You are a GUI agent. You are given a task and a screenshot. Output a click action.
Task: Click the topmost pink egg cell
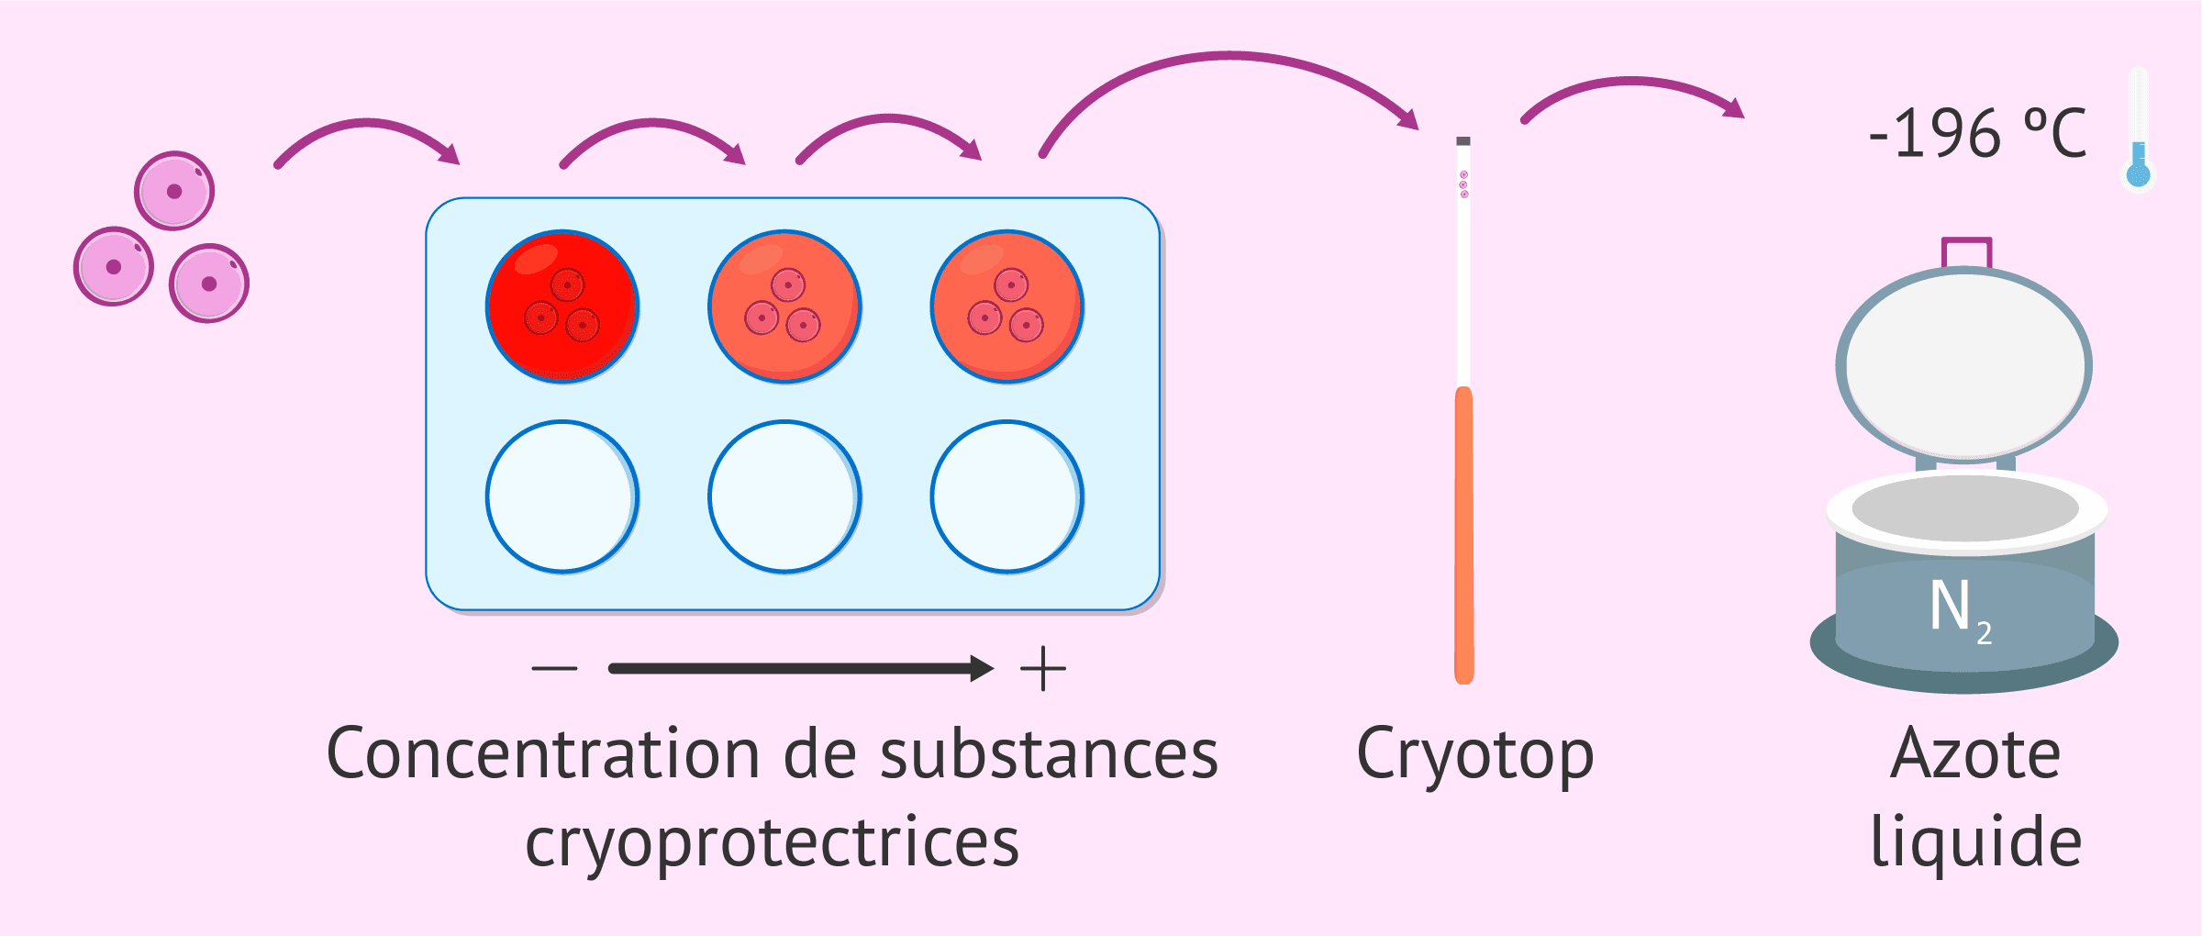tap(174, 191)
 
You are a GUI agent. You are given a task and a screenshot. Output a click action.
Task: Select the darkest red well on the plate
tap(562, 306)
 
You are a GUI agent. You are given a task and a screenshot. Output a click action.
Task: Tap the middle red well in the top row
tap(784, 306)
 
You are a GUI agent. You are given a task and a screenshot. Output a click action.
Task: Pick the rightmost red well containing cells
tap(1007, 306)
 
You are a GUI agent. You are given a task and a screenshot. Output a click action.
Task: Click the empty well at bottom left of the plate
tap(562, 496)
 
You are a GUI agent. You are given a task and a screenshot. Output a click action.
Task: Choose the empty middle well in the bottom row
tap(784, 496)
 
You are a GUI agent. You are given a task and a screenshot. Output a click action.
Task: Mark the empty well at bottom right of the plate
tap(1007, 496)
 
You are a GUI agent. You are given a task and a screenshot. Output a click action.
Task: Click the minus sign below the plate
tap(554, 668)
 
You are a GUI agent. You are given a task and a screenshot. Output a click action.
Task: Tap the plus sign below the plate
tap(1043, 668)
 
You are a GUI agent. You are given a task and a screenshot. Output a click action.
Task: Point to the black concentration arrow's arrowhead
tap(982, 668)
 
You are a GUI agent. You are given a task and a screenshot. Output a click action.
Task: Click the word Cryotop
tap(1474, 755)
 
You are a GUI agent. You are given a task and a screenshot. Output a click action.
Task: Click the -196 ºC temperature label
tap(1977, 134)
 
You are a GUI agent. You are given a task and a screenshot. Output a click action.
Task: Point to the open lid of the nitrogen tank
tap(1964, 365)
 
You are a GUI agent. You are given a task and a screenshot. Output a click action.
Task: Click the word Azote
tap(1975, 755)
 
